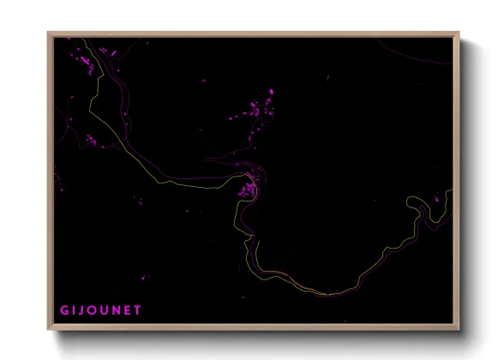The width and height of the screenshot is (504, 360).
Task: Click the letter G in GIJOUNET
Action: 63,309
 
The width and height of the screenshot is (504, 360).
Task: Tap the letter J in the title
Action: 83,309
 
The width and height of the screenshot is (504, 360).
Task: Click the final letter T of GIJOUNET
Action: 138,309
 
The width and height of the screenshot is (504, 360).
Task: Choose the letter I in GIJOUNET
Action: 75,309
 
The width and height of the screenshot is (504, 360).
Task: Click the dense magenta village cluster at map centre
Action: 250,186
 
